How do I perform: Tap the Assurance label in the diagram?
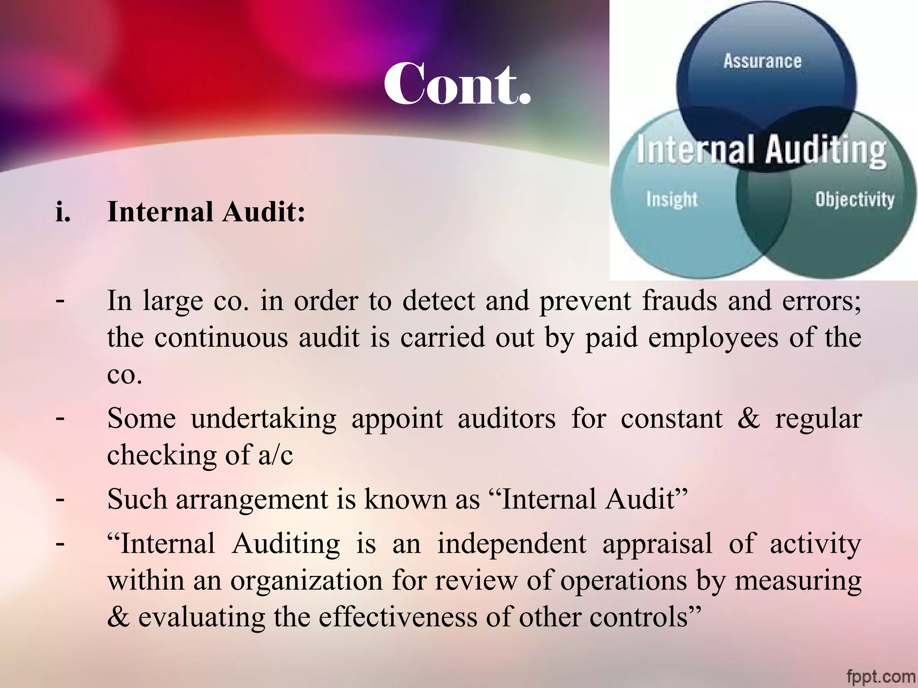762,61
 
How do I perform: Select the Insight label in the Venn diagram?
671,199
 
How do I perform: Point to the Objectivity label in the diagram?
854,199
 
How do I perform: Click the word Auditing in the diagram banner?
826,150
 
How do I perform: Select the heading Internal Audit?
206,211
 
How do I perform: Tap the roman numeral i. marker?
63,212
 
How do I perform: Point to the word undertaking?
264,419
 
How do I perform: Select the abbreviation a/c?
276,456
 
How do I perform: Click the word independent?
512,544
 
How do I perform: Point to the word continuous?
221,337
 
